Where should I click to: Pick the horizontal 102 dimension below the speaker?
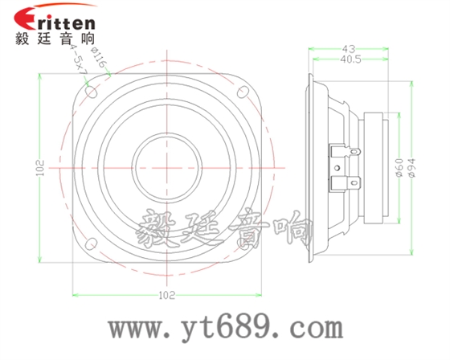(165, 295)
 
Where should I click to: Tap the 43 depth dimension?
(348, 50)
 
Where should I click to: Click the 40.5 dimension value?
(348, 60)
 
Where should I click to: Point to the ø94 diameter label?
(412, 167)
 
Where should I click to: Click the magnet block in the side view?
(378, 167)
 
